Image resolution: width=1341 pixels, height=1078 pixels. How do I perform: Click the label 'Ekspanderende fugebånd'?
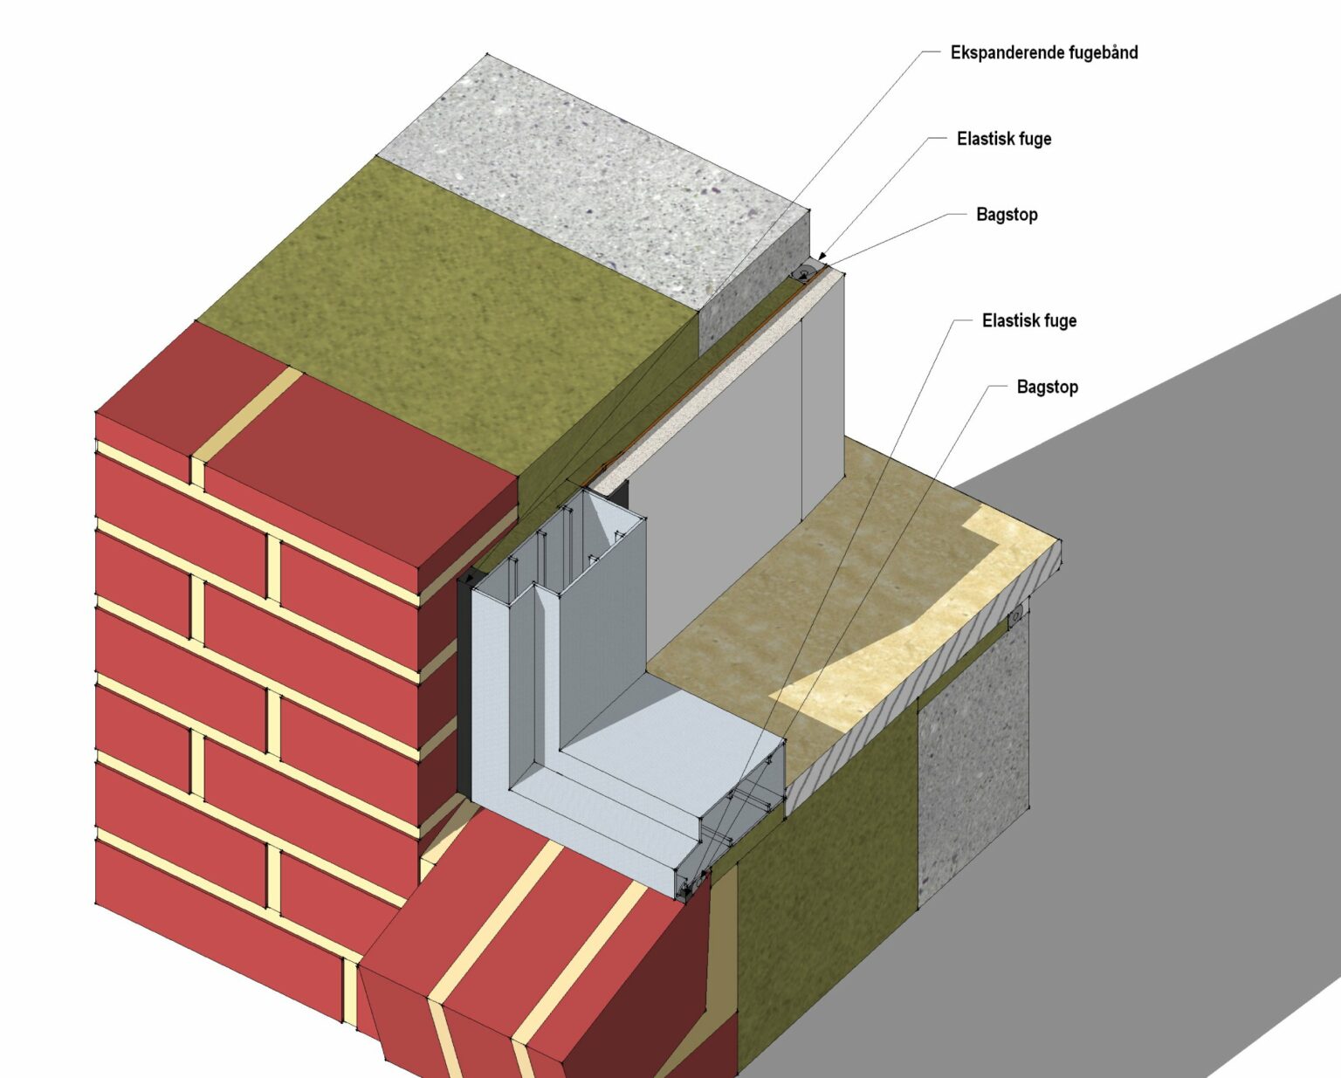pyautogui.click(x=1043, y=52)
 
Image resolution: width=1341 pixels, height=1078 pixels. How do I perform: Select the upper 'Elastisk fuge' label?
pyautogui.click(x=1003, y=139)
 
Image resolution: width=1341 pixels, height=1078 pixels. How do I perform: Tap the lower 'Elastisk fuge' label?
pyautogui.click(x=1028, y=321)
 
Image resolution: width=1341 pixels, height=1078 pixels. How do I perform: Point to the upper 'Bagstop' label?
pyautogui.click(x=1007, y=215)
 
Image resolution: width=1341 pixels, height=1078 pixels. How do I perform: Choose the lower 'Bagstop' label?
pyautogui.click(x=1047, y=387)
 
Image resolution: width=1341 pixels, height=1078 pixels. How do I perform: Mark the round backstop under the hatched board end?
pyautogui.click(x=1015, y=619)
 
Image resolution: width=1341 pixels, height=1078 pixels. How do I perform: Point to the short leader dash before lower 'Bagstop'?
pyautogui.click(x=998, y=386)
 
